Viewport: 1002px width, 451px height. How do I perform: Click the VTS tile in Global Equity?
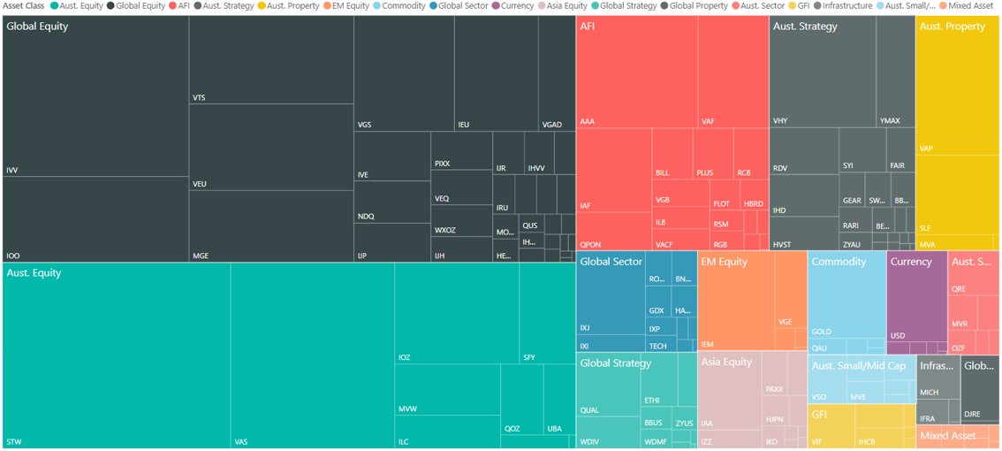pos(270,62)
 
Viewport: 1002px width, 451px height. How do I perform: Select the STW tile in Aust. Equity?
pos(117,354)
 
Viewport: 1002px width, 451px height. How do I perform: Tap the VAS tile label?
pos(241,442)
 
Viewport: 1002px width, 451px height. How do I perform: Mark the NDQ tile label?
pos(366,217)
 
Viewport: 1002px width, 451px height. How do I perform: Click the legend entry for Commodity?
pos(403,6)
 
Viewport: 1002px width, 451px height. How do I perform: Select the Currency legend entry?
pos(517,6)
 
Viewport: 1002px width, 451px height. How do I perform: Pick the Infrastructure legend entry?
pos(847,6)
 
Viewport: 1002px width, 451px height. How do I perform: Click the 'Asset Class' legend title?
pos(24,6)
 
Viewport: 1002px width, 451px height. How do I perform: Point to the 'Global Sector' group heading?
pos(611,262)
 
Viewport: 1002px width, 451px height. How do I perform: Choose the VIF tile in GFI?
pos(817,441)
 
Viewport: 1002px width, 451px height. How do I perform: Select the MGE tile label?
pos(201,256)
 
